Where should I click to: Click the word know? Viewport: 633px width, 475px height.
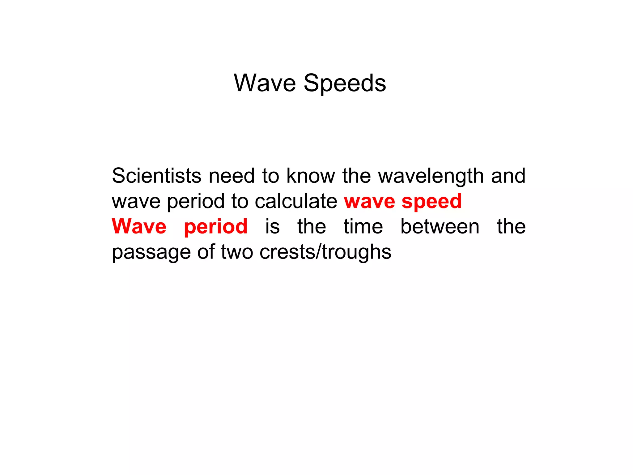311,176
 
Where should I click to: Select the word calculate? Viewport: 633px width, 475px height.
296,201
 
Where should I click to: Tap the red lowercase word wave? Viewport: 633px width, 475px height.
369,202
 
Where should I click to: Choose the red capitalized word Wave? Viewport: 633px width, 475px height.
139,226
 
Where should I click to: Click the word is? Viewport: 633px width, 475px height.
272,226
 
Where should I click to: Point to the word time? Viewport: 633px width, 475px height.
363,226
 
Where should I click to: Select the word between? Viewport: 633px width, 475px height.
440,226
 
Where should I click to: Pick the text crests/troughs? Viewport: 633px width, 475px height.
325,252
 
